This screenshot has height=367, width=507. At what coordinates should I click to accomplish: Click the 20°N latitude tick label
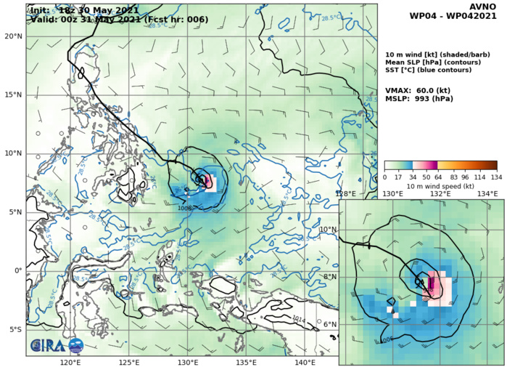point(13,36)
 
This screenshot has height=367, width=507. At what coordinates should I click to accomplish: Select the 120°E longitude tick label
point(70,362)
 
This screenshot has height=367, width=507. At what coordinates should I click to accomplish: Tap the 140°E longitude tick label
point(305,362)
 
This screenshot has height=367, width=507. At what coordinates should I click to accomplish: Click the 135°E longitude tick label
point(247,362)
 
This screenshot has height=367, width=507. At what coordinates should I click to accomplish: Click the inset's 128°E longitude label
point(345,194)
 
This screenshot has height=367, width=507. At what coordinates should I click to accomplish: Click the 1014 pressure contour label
point(300,318)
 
